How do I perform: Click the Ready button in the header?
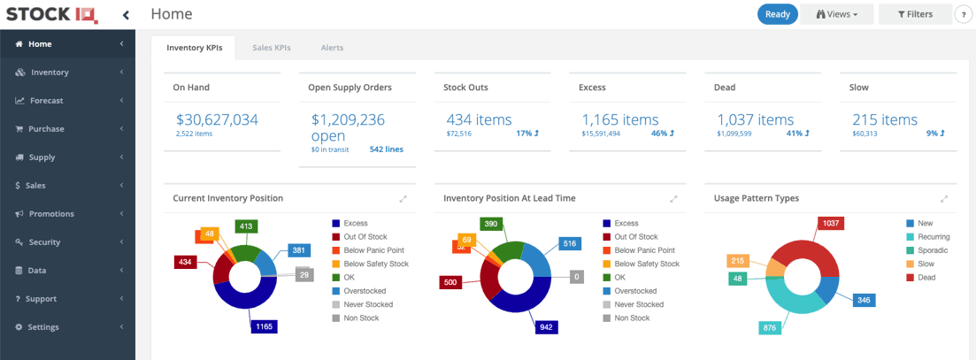pos(777,14)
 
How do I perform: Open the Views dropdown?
pos(836,14)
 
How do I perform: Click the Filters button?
pos(915,14)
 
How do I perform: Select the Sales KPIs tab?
pos(272,48)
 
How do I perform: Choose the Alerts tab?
pos(332,48)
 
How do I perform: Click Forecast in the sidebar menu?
pos(46,101)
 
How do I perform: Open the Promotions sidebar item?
pos(51,214)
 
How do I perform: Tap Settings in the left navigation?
pos(43,327)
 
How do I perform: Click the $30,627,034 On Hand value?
pos(217,119)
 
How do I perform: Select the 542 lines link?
pos(386,149)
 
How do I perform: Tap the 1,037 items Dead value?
pos(755,119)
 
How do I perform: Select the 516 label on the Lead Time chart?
pos(569,243)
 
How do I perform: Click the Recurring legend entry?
pos(934,237)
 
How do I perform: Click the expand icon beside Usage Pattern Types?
pos(944,199)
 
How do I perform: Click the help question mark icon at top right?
pos(964,15)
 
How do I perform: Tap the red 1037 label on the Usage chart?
pos(832,224)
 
